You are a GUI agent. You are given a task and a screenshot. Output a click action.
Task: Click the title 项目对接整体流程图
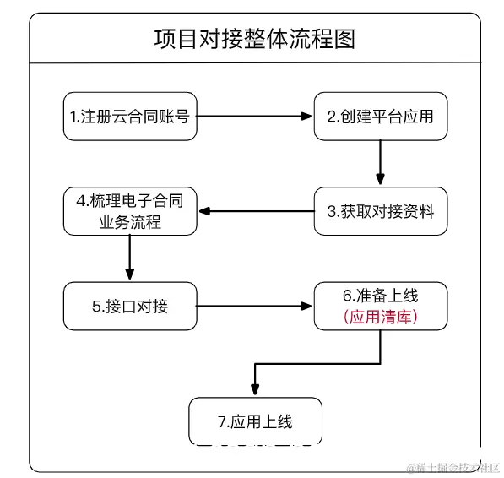tap(254, 39)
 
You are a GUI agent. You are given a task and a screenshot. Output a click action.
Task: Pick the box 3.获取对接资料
tap(380, 211)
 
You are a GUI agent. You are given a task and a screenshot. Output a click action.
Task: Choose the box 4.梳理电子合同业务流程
tap(130, 211)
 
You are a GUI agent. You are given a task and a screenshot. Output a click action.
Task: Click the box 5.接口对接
tap(130, 306)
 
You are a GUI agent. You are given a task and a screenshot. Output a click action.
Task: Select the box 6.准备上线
tap(380, 306)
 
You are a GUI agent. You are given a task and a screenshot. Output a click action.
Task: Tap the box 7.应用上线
tap(254, 420)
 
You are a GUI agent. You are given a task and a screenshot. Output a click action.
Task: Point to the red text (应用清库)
tap(380, 318)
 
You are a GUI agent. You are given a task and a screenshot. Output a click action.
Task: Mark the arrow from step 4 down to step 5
tap(130, 258)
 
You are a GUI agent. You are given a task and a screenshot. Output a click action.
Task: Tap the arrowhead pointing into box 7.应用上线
tap(254, 388)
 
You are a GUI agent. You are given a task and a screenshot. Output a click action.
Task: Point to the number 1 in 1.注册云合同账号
tap(74, 116)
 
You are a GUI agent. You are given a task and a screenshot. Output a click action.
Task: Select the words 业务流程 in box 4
tap(130, 222)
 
